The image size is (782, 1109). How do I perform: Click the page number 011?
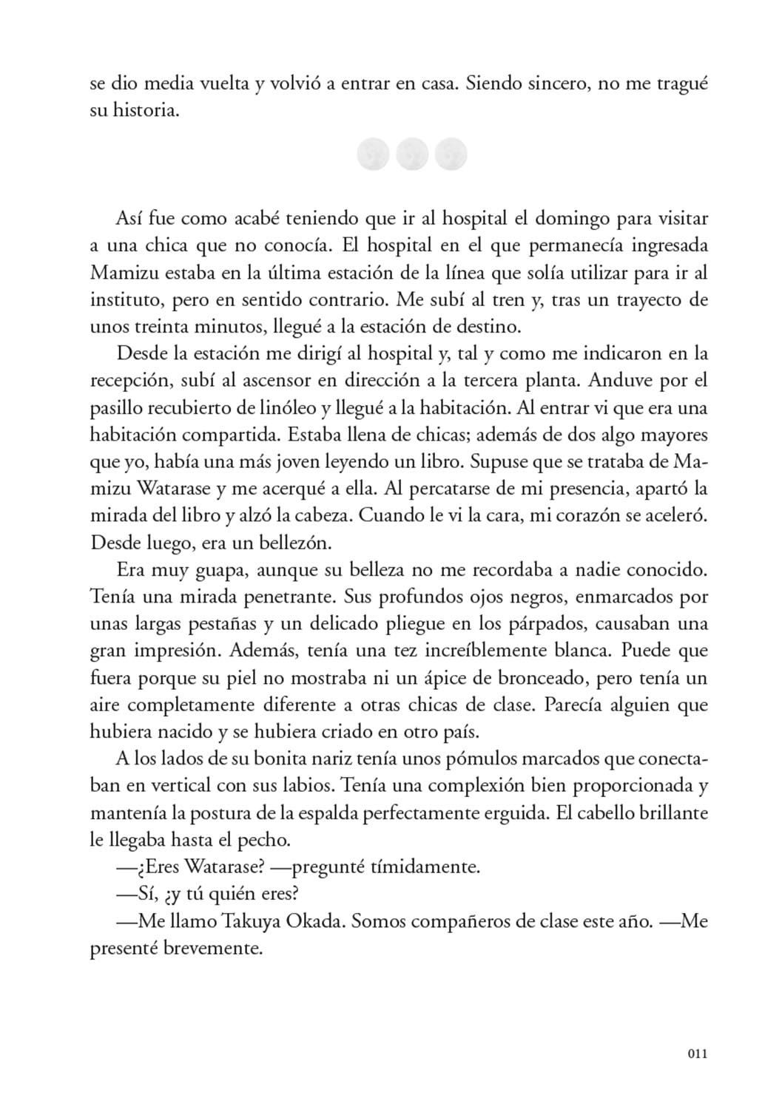pyautogui.click(x=697, y=1054)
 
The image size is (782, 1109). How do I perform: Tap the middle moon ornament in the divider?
pyautogui.click(x=412, y=155)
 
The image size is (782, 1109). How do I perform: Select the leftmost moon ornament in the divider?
pyautogui.click(x=373, y=155)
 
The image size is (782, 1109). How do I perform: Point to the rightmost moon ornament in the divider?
pyautogui.click(x=451, y=155)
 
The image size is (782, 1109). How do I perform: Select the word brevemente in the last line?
pyautogui.click(x=218, y=948)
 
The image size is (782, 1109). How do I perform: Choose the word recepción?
pyautogui.click(x=131, y=381)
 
